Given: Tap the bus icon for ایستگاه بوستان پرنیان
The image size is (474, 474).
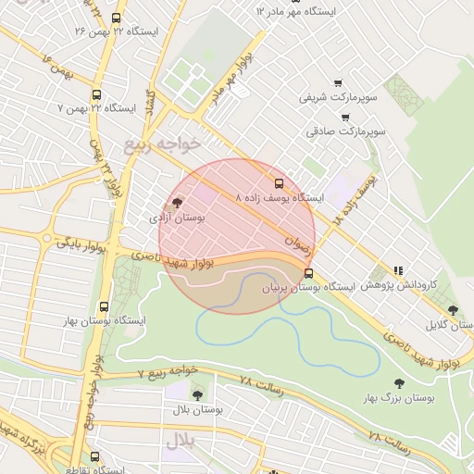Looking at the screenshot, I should (308, 273).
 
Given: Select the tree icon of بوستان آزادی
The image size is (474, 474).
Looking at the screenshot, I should (177, 203).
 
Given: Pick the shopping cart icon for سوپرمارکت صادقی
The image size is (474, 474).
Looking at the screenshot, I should (345, 118).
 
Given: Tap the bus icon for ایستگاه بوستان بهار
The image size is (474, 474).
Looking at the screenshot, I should (102, 306).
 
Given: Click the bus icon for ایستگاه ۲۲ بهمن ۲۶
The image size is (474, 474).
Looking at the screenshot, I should (115, 18).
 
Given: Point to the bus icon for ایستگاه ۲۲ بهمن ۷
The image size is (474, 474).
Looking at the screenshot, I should (96, 94).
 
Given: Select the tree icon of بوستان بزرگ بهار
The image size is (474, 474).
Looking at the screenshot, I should (399, 382).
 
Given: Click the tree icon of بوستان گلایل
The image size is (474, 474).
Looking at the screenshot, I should (452, 310).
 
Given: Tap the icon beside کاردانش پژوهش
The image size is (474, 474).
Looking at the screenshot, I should (398, 270).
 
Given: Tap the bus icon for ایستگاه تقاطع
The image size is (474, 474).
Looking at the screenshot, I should (94, 456).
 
